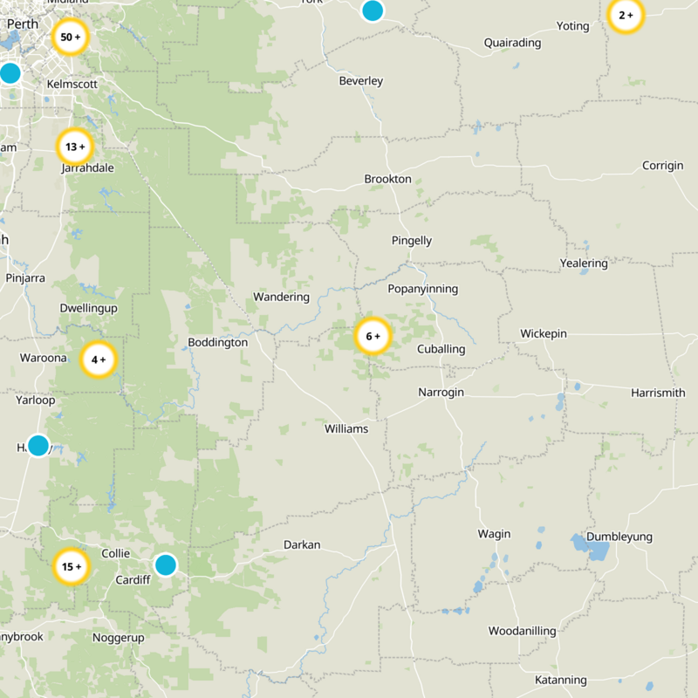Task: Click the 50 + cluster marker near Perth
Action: (71, 38)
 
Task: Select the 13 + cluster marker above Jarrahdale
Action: (75, 147)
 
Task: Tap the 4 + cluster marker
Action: (99, 359)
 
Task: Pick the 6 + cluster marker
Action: (373, 336)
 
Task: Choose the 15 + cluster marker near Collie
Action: (71, 566)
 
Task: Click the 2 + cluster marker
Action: (626, 16)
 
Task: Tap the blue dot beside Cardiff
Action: (165, 565)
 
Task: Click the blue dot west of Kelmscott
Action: (10, 73)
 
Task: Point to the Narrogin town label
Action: (441, 393)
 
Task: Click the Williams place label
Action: (346, 429)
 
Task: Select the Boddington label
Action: (218, 343)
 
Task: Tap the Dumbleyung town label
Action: (619, 537)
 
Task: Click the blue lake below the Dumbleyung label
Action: (592, 550)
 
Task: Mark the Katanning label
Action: (561, 680)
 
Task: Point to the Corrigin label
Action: (662, 166)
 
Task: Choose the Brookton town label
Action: (387, 179)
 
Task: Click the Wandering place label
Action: (281, 297)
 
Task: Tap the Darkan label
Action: (302, 545)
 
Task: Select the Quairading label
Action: (512, 43)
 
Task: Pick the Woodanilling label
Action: (522, 631)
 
